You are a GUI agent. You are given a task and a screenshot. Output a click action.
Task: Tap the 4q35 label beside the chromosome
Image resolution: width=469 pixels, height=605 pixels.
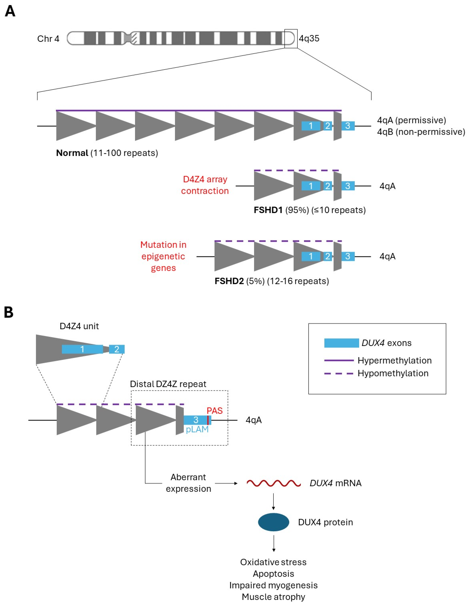pos(309,39)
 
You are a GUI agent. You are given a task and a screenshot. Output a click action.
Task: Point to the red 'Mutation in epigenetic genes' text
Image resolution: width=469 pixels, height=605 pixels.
pos(163,256)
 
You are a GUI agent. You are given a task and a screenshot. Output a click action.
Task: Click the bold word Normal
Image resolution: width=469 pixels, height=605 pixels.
pos(72,153)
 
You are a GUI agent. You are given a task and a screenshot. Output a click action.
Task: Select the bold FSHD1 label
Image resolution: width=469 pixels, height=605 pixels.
pos(268,210)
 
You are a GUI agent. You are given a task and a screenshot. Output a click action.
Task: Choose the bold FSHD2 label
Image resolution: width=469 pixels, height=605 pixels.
pos(229,281)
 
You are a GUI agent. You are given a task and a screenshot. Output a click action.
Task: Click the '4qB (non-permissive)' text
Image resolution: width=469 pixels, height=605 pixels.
pos(421,132)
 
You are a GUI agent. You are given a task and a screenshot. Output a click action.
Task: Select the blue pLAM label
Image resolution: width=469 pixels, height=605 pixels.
pos(197,430)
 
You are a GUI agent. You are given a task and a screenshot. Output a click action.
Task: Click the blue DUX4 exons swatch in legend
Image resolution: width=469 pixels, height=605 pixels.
pos(341,343)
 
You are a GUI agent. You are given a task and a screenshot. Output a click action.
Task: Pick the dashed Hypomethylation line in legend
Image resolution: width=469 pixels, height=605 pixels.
pos(339,373)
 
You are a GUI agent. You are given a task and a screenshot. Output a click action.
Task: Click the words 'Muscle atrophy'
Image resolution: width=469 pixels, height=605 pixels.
pos(273,597)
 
